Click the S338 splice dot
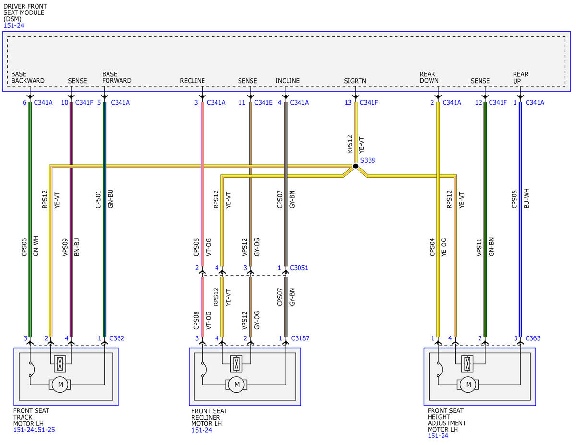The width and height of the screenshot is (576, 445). click(356, 166)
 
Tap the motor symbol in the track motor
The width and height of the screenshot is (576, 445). click(60, 385)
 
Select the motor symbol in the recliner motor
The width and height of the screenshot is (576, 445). click(237, 385)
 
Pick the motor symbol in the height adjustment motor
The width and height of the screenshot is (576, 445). click(468, 385)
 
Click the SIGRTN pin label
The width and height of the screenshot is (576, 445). click(355, 81)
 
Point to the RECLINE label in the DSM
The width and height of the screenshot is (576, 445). click(192, 81)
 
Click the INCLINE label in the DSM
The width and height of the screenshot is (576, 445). click(288, 81)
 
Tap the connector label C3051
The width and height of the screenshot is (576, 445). click(299, 268)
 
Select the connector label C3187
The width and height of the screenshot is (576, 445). click(300, 338)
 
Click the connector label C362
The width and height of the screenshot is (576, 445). click(117, 338)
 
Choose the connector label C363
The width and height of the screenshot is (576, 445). click(533, 338)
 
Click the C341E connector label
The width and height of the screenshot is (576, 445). click(263, 103)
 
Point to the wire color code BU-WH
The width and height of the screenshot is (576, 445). click(527, 199)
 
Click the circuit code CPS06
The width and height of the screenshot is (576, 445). click(24, 247)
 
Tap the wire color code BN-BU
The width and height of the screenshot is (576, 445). click(77, 247)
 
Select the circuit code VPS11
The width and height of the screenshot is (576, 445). click(479, 247)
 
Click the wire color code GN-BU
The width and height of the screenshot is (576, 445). click(110, 199)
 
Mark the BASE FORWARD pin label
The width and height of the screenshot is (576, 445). click(117, 77)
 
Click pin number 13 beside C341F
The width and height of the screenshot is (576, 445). click(348, 103)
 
